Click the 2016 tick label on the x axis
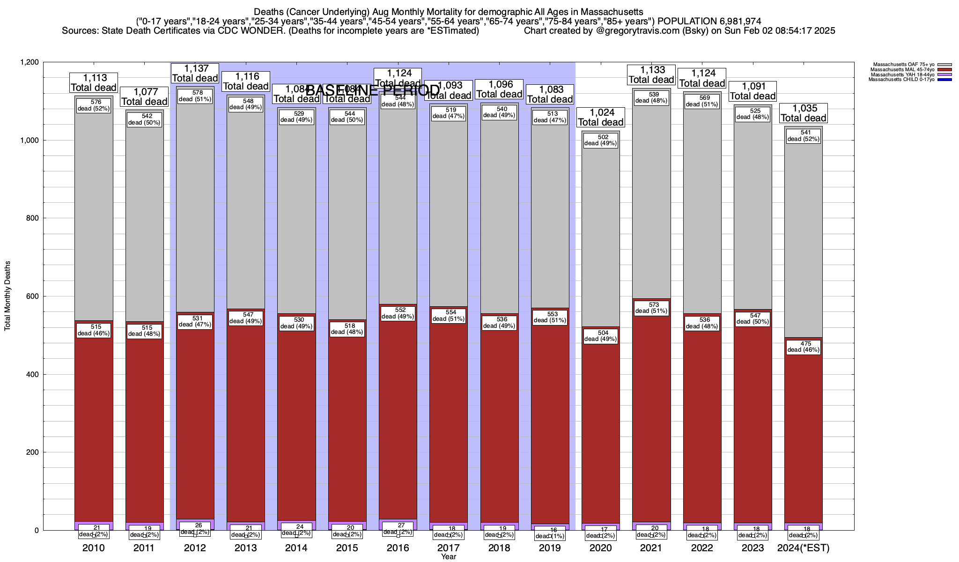pyautogui.click(x=398, y=548)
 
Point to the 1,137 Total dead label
pyautogui.click(x=195, y=74)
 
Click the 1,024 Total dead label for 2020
pyautogui.click(x=601, y=118)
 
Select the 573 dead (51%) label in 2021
pyautogui.click(x=651, y=308)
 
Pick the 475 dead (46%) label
pyautogui.click(x=804, y=347)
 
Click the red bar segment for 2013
pyautogui.click(x=246, y=421)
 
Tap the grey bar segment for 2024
pyautogui.click(x=804, y=234)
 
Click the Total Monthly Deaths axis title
pyautogui.click(x=7, y=296)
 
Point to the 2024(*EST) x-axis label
pyautogui.click(x=804, y=548)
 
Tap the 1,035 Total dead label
pyautogui.click(x=804, y=113)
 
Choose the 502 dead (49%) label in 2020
pyautogui.click(x=601, y=140)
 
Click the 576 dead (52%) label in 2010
pyautogui.click(x=94, y=105)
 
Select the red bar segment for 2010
pyautogui.click(x=94, y=421)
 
